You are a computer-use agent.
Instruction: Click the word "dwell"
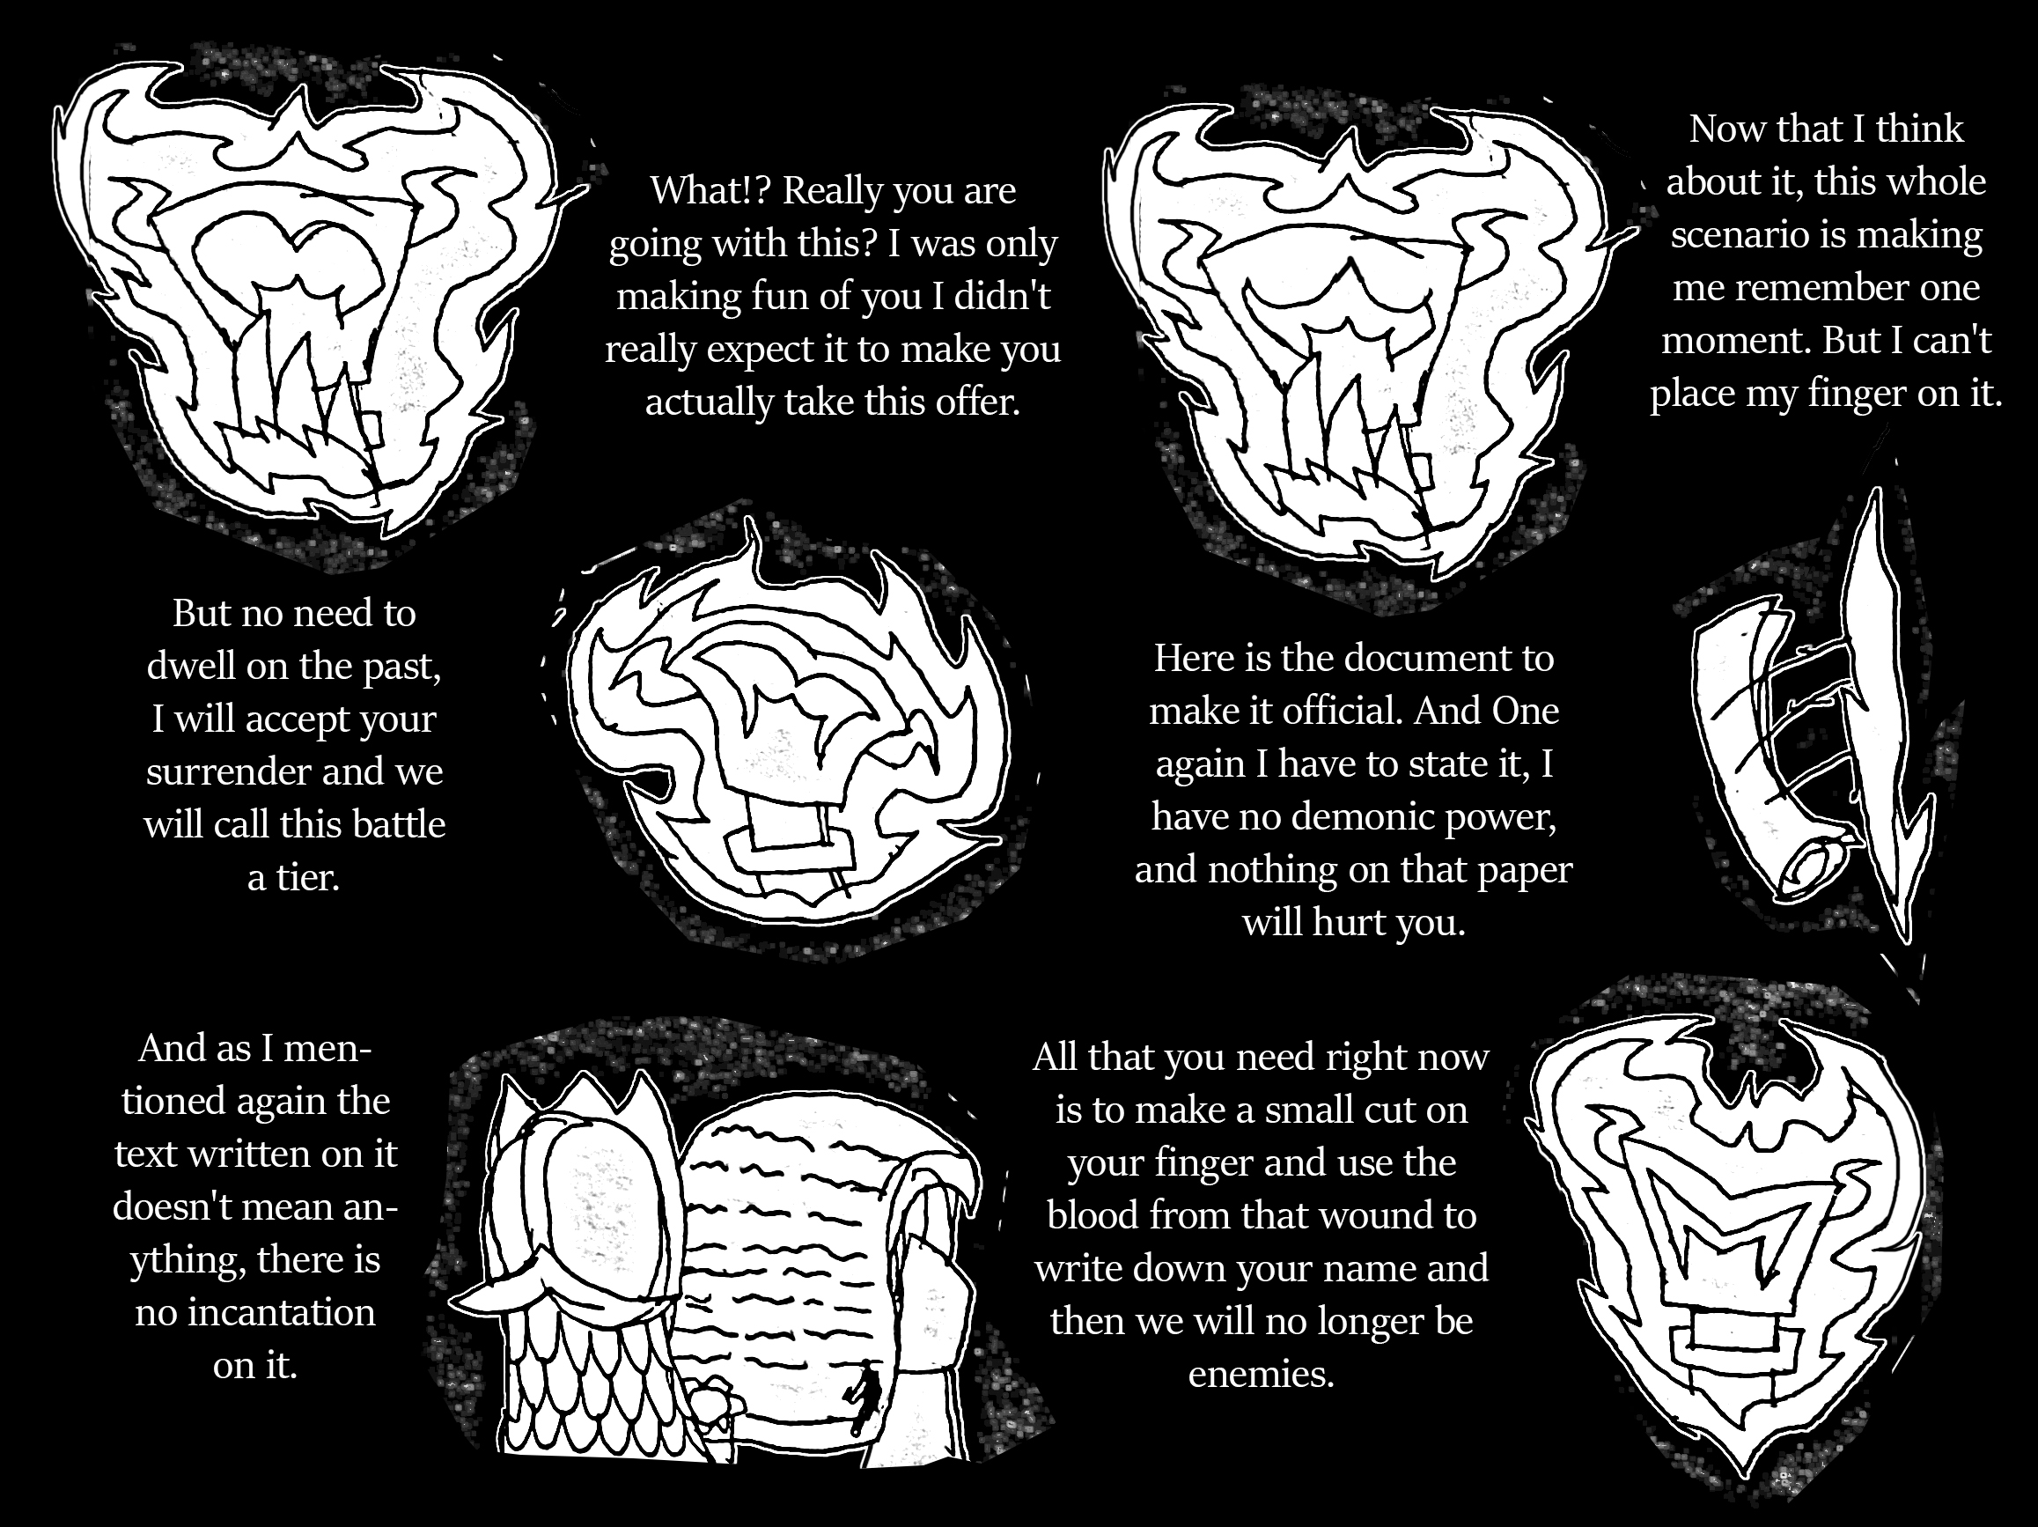coord(190,667)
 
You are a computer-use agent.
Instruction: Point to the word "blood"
coord(1093,1215)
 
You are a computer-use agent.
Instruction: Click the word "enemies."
coord(1262,1374)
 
